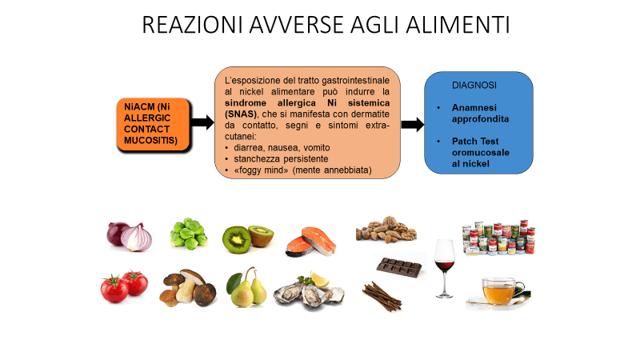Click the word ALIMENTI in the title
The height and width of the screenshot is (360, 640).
458,25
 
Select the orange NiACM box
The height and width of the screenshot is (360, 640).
154,124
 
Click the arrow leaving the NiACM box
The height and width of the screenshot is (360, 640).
202,122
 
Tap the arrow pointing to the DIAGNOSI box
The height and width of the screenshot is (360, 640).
413,124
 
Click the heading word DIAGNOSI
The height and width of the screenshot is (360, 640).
474,86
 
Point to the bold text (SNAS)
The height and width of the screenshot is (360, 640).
241,114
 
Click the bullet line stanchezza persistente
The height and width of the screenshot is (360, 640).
281,158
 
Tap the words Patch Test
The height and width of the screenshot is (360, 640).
475,142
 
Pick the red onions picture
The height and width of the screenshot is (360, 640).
130,236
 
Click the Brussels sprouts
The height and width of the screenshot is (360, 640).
189,234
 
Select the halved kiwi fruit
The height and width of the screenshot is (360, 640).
248,238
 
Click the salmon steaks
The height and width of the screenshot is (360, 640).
311,242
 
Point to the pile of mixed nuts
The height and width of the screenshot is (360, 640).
386,230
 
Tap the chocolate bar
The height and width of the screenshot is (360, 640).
398,267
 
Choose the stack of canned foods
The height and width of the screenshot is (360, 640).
498,238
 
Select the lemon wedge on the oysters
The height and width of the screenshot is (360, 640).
320,278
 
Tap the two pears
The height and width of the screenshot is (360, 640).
246,287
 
